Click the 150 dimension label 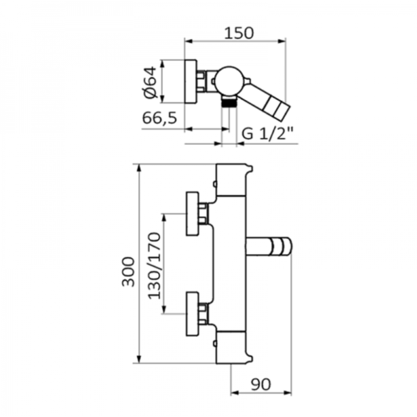click(239, 33)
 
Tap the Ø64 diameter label click(150, 82)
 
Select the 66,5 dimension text click(160, 118)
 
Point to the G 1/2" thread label click(268, 133)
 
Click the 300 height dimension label click(129, 272)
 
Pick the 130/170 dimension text click(154, 266)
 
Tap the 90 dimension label click(261, 385)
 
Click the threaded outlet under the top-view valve click(229, 102)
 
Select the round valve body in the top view click(229, 82)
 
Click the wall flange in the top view click(191, 82)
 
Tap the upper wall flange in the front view click(192, 214)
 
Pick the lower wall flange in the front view click(192, 314)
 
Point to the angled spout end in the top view click(277, 107)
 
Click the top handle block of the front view click(231, 180)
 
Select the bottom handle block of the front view click(231, 348)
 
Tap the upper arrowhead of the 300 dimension click(138, 169)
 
